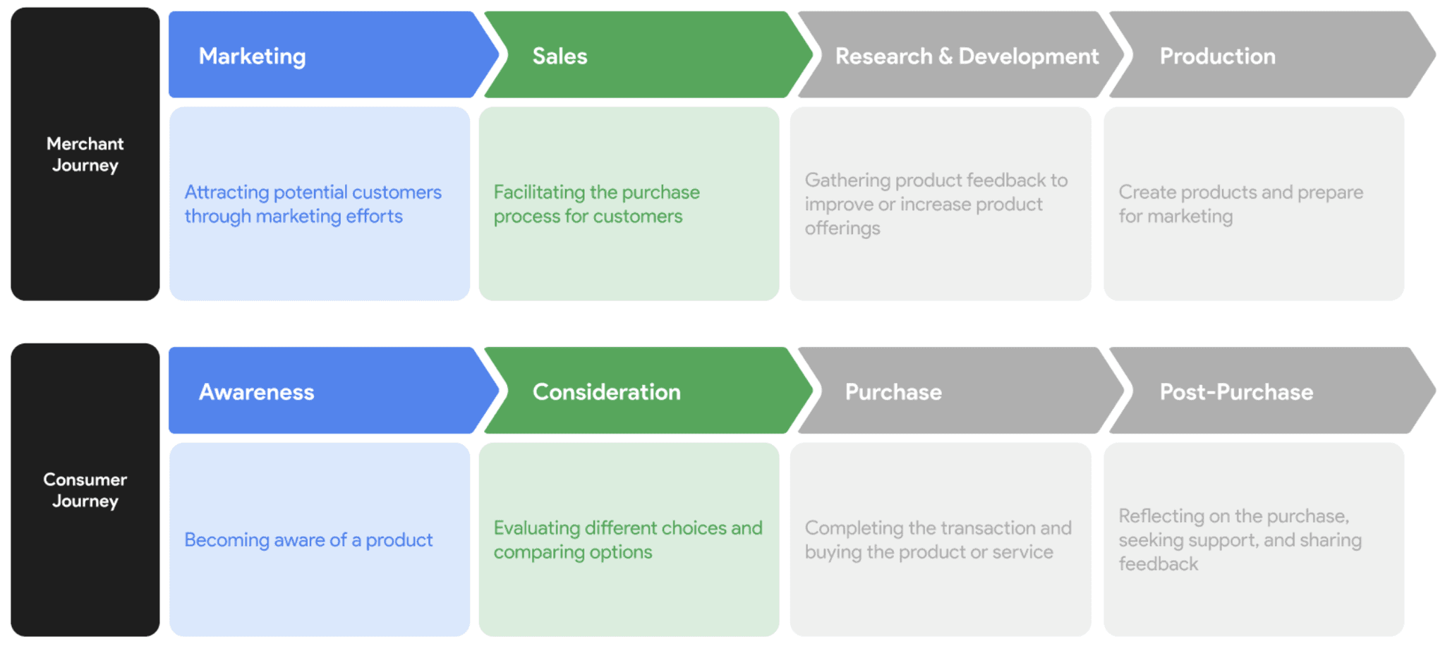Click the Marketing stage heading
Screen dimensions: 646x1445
click(252, 56)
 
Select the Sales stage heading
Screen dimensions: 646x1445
click(560, 56)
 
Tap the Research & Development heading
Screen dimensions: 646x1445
click(967, 56)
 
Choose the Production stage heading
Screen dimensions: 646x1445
click(1217, 56)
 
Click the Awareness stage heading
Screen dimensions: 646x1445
click(256, 392)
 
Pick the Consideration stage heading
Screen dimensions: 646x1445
click(606, 392)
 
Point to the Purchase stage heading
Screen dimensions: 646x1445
click(893, 392)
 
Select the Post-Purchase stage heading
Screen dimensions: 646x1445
click(1236, 392)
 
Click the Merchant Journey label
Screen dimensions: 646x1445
click(85, 154)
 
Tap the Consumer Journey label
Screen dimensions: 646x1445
click(85, 490)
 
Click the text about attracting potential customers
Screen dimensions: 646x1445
click(313, 204)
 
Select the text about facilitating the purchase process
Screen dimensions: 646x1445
click(596, 204)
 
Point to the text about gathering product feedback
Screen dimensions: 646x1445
click(936, 204)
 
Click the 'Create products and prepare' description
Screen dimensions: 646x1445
click(1240, 204)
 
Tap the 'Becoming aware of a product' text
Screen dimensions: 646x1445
click(308, 540)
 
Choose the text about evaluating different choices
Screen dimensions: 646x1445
click(627, 540)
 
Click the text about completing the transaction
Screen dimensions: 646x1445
click(938, 540)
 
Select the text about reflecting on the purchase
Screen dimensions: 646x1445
click(1240, 540)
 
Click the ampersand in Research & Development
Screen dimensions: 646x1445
click(945, 56)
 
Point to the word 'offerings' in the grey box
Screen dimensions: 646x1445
click(842, 228)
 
